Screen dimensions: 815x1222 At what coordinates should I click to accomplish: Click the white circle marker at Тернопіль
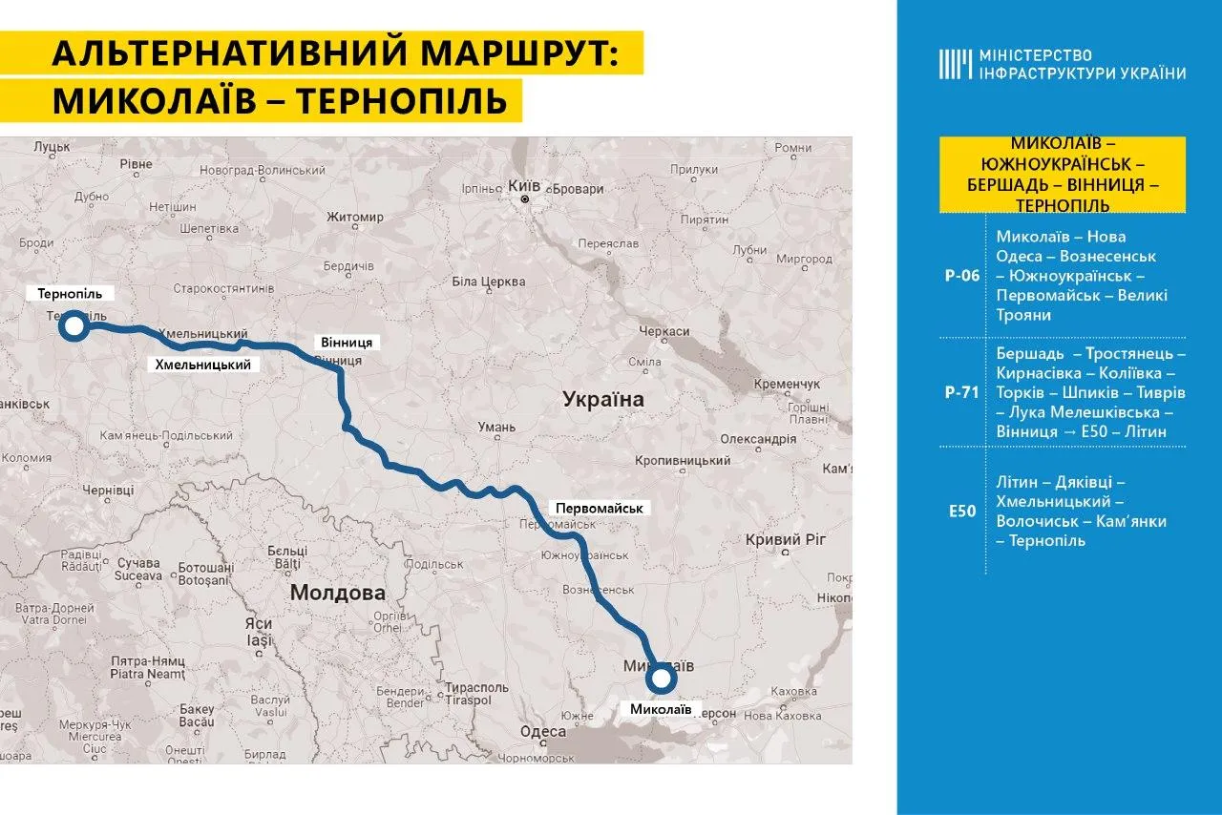(x=73, y=327)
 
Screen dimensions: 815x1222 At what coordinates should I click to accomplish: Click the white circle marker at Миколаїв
(x=661, y=679)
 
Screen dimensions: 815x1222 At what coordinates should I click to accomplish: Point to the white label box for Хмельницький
(x=203, y=365)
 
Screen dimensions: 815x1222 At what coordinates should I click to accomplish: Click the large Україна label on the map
(x=602, y=399)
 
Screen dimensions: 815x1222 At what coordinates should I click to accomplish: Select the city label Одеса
(x=543, y=732)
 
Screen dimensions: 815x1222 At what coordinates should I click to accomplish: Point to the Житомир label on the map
(x=354, y=217)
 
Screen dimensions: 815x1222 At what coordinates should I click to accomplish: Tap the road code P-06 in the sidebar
(x=963, y=276)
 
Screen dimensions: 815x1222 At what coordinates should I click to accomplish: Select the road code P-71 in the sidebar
(x=963, y=391)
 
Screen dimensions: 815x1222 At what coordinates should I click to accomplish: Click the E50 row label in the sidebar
(x=963, y=511)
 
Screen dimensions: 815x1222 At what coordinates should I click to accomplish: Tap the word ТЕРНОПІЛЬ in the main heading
(x=402, y=100)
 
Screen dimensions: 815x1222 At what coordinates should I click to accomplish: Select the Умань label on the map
(x=496, y=427)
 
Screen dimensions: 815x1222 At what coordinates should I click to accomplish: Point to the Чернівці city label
(x=108, y=490)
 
